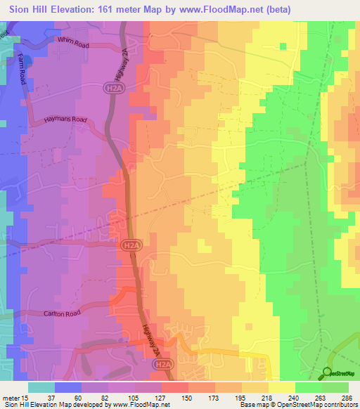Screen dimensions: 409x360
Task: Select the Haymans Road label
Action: (65, 120)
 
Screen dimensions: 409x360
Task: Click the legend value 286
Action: (347, 397)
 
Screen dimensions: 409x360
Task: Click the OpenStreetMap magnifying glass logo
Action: (327, 374)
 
